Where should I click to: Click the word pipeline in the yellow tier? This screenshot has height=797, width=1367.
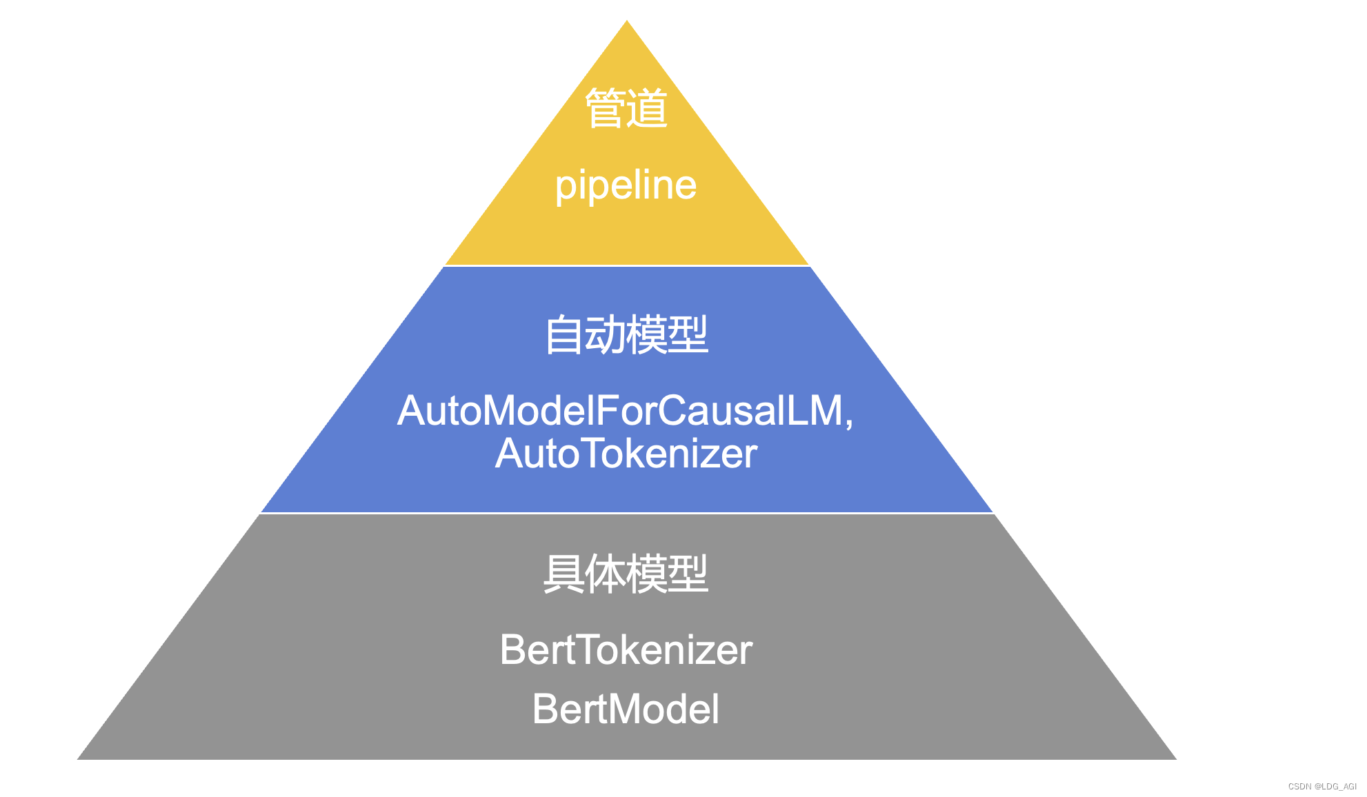click(x=626, y=185)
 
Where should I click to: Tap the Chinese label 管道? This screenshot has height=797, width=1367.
click(x=626, y=108)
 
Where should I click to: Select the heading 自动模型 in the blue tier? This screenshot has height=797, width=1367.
click(x=626, y=335)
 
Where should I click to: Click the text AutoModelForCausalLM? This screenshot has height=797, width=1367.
click(x=621, y=411)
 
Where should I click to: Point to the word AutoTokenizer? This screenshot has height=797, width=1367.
click(x=626, y=454)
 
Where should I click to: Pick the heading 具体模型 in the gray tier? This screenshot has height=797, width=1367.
click(x=626, y=574)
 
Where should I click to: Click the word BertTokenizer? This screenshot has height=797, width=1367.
click(x=626, y=649)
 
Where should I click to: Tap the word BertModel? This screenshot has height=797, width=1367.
click(x=626, y=709)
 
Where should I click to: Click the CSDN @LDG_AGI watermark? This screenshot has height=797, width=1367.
click(x=1321, y=786)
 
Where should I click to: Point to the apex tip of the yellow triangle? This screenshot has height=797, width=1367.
click(x=626, y=22)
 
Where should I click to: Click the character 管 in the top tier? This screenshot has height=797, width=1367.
click(x=605, y=108)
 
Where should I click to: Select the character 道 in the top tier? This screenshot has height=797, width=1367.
click(x=647, y=108)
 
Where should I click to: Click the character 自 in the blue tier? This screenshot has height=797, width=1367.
click(x=563, y=335)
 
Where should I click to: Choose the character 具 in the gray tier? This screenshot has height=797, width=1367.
click(x=563, y=574)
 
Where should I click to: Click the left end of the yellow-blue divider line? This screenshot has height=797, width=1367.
click(x=446, y=265)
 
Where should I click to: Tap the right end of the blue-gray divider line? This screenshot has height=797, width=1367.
click(x=992, y=513)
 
